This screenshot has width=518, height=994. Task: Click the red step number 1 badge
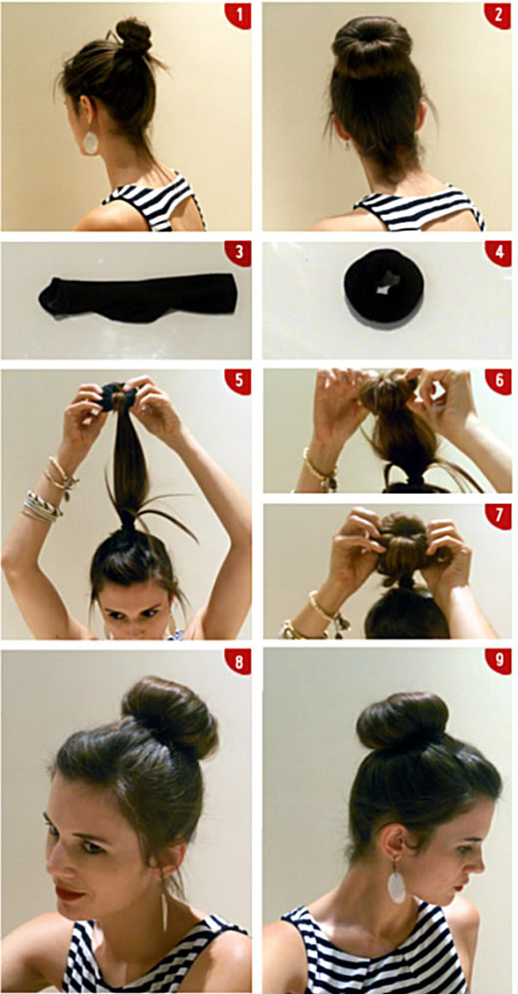(238, 15)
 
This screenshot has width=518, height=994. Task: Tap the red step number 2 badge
(498, 15)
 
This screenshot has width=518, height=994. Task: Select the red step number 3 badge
(238, 253)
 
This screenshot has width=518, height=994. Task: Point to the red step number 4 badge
(498, 253)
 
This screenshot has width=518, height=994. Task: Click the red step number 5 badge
(238, 381)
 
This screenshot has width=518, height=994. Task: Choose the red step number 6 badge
(498, 381)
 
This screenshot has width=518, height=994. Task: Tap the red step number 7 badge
(498, 517)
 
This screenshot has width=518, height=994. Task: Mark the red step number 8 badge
(238, 661)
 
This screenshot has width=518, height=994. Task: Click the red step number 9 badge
(498, 661)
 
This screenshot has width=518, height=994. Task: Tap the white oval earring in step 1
(91, 142)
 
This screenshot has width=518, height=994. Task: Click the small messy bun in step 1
(133, 36)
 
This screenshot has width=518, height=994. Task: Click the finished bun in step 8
(170, 715)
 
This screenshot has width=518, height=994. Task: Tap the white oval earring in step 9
(396, 886)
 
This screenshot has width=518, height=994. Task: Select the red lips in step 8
(69, 893)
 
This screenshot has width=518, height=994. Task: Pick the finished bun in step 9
(402, 721)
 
